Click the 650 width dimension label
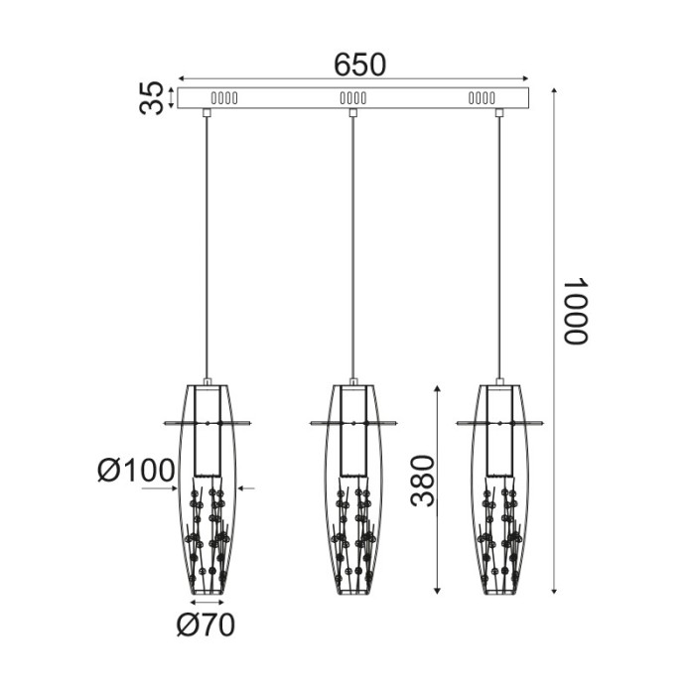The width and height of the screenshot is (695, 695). tap(358, 65)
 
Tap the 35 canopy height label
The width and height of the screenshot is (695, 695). tap(152, 98)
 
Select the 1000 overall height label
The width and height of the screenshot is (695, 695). tap(577, 311)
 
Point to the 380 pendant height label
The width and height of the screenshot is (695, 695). tap(424, 481)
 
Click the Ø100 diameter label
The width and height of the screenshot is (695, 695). tap(136, 471)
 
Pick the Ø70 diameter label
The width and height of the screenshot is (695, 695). tap(206, 625)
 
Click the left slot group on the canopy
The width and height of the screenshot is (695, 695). tap(223, 98)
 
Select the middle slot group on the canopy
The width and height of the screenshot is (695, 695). tap(352, 98)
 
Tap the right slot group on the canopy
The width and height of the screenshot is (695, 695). tap(482, 98)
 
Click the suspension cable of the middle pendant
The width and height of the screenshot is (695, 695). tap(352, 248)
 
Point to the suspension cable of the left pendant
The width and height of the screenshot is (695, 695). tap(207, 248)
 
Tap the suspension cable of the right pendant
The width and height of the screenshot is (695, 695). tap(498, 248)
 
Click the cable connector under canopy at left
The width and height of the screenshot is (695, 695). tap(207, 113)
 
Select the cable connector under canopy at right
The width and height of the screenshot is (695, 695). tap(498, 113)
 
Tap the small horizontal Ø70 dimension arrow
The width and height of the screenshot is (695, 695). tap(207, 602)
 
